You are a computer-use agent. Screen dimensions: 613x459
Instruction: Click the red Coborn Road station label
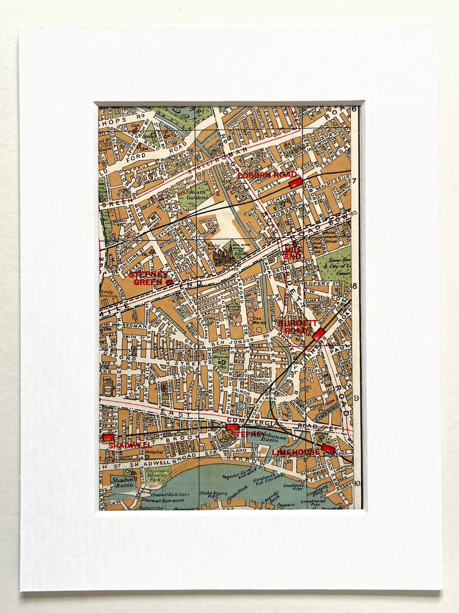[x=266, y=175]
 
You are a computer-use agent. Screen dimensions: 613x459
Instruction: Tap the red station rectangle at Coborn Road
[x=295, y=183]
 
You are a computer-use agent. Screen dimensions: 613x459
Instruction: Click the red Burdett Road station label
[x=294, y=327]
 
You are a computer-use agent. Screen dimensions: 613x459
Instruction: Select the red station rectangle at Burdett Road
[x=319, y=333]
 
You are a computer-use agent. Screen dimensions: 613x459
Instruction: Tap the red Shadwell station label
[x=124, y=445]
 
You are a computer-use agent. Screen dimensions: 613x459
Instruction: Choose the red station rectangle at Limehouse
[x=327, y=448]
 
